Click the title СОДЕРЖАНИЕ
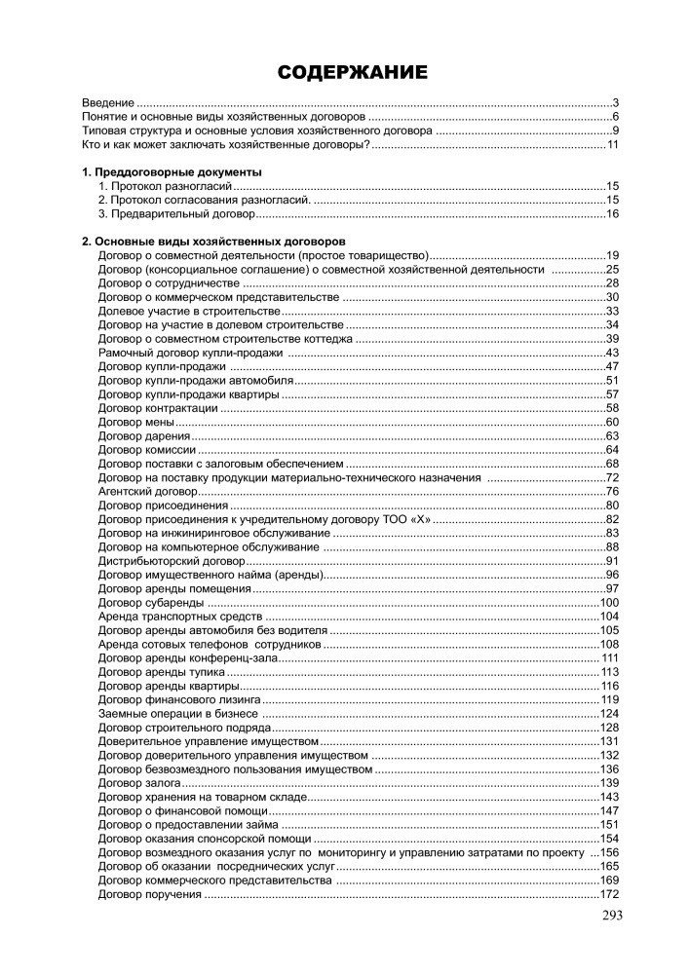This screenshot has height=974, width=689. pos(352,73)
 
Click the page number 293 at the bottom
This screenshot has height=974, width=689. pos(611,915)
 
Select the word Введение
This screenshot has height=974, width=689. pos(107,102)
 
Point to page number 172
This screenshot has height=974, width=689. pos(610,894)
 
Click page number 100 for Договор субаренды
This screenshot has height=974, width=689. pos(610,603)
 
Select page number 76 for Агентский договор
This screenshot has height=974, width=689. pos(613,492)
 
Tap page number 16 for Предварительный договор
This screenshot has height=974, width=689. pos(613,213)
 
